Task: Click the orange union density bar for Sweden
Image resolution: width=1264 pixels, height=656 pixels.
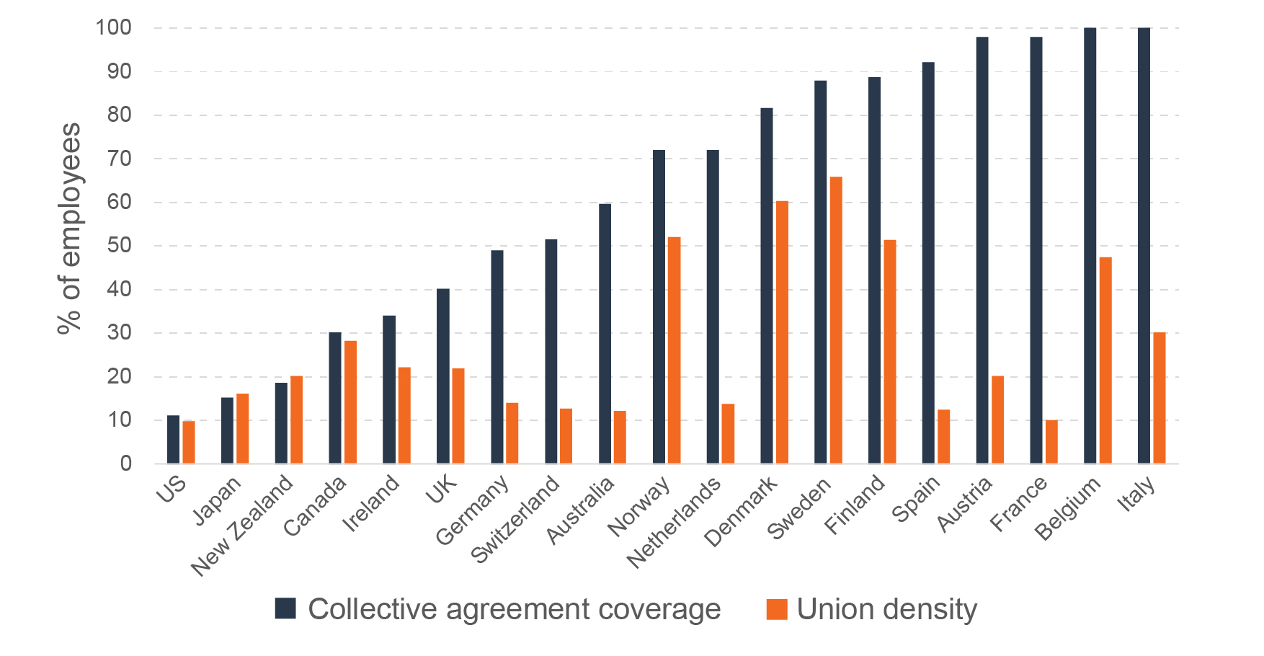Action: tap(836, 320)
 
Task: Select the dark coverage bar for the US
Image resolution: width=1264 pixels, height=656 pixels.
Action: tap(173, 439)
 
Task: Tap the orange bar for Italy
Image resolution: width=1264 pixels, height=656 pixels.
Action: tap(1160, 398)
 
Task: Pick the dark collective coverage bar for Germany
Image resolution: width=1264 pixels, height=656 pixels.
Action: tap(497, 357)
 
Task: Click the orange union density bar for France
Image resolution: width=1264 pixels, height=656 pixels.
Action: tap(1051, 442)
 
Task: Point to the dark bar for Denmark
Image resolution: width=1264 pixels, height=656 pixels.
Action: tap(767, 285)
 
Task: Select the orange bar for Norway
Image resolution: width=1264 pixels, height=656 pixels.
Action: tap(674, 350)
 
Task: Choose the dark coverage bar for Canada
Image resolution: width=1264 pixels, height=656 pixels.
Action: tap(335, 398)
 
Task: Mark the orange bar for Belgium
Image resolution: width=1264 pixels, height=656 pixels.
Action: tap(1105, 360)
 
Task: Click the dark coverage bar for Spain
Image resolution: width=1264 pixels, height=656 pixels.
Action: tap(928, 263)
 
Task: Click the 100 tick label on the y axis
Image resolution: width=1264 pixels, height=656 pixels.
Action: tap(114, 28)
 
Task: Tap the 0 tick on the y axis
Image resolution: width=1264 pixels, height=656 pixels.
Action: tap(126, 464)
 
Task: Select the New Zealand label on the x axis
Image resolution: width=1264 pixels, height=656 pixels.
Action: tap(242, 526)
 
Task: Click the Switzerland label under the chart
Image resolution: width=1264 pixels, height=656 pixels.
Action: tap(515, 519)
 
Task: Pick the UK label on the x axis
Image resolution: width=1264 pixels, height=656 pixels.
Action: tap(441, 489)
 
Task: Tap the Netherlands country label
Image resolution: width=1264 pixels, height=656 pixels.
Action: tap(674, 523)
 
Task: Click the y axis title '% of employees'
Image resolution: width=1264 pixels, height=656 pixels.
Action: tap(69, 229)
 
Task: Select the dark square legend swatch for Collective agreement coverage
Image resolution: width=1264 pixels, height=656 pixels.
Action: tap(285, 608)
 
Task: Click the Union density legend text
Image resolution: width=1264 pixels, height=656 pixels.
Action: tap(886, 609)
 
